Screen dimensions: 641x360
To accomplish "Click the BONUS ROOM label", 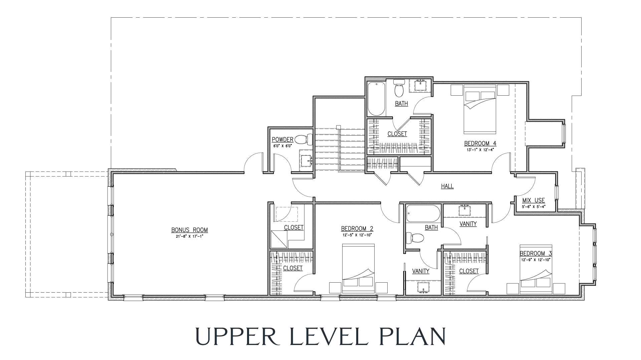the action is (189, 230).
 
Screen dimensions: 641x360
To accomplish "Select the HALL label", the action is (447, 186).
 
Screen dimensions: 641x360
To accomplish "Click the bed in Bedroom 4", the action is (479, 109).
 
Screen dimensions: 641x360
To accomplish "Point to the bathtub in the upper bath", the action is (376, 98).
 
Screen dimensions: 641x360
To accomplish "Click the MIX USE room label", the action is (533, 201).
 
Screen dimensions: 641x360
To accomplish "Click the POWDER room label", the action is (282, 140).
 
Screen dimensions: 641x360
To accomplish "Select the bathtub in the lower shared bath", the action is (423, 213).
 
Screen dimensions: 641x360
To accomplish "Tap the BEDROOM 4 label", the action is (480, 144).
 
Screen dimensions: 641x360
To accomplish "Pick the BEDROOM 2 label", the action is (357, 229).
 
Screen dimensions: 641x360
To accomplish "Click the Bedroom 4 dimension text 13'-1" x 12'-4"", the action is (480, 150).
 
